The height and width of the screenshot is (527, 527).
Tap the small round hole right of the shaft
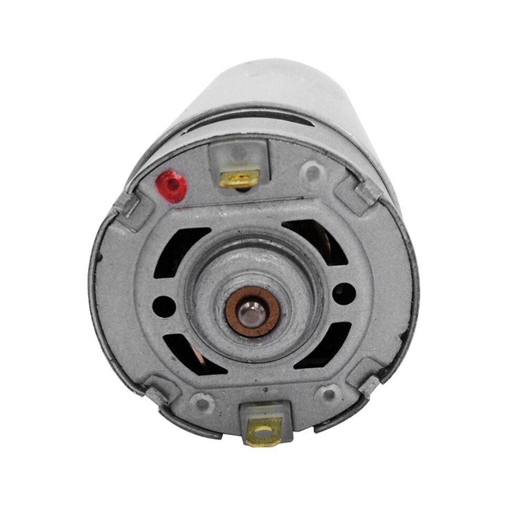pyautogui.click(x=343, y=290)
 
